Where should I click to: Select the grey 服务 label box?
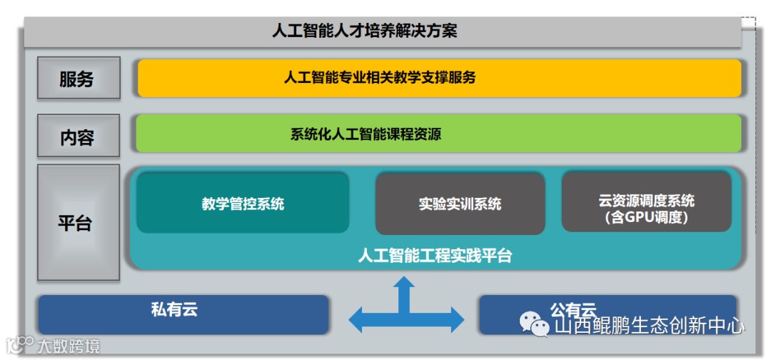tap(78, 78)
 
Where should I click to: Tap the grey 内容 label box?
tap(78, 136)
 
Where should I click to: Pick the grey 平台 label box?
tap(78, 222)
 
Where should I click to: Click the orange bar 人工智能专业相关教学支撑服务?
tap(439, 78)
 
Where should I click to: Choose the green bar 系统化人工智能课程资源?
tap(439, 134)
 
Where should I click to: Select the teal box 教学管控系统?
tap(243, 204)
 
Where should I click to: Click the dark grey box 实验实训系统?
tap(460, 204)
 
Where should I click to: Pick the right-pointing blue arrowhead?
tap(453, 315)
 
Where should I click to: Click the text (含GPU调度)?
tap(646, 218)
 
